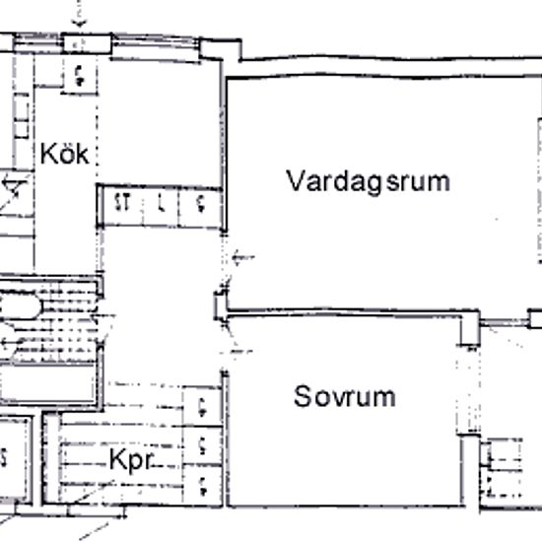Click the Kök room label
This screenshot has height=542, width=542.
(65, 155)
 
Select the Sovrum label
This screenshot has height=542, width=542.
(345, 397)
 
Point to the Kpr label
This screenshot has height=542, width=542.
(130, 461)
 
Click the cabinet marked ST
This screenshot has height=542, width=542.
(123, 205)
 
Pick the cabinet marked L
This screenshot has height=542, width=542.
(161, 205)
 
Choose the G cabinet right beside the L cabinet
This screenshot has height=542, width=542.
(199, 205)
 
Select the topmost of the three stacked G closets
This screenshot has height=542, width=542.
(201, 404)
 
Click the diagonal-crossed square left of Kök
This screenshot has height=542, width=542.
(14, 193)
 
